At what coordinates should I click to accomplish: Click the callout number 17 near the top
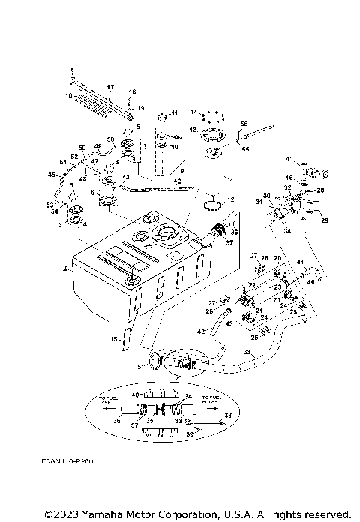click(x=109, y=86)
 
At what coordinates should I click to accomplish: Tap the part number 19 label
click(x=139, y=108)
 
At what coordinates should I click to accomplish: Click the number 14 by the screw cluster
click(x=193, y=112)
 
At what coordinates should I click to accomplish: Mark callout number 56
click(x=244, y=124)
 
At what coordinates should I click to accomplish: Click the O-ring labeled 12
click(x=214, y=201)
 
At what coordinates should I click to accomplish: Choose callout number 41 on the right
click(x=289, y=159)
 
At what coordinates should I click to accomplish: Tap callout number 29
click(x=325, y=220)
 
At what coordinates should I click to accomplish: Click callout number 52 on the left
click(x=73, y=157)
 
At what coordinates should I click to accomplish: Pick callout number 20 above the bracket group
click(x=277, y=258)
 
